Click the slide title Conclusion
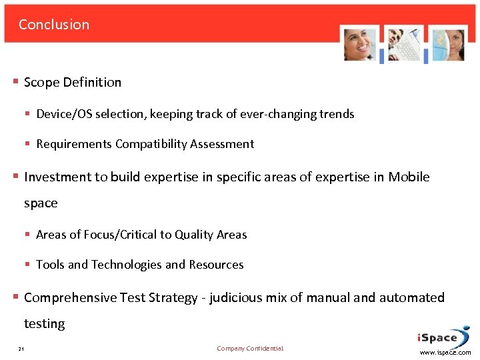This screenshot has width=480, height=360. (x=54, y=25)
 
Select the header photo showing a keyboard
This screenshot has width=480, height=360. (x=405, y=45)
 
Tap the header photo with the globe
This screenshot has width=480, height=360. (x=447, y=45)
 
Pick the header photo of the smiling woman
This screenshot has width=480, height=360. (x=360, y=45)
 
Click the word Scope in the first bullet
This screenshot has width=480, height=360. (x=41, y=83)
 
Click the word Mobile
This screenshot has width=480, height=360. (x=409, y=177)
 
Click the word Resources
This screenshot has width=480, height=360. (x=216, y=265)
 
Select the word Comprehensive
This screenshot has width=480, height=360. (x=70, y=298)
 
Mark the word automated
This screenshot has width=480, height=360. (x=412, y=298)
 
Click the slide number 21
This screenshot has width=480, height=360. (x=21, y=349)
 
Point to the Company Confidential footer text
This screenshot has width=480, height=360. (x=250, y=349)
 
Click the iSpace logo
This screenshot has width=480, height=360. (x=441, y=337)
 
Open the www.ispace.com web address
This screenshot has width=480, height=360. (x=445, y=353)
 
